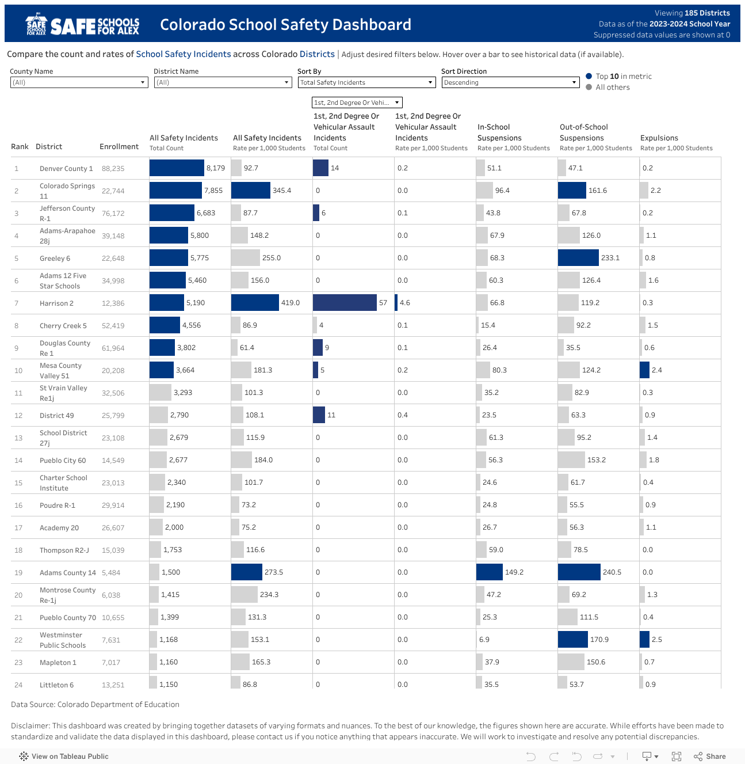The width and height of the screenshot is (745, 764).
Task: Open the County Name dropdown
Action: tap(79, 82)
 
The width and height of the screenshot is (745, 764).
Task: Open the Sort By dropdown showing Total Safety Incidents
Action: tap(366, 82)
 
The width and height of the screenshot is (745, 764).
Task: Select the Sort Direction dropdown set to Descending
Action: tap(510, 82)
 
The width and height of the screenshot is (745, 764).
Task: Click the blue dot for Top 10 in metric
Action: tap(589, 76)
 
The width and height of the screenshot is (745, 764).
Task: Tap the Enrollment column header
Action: tap(119, 147)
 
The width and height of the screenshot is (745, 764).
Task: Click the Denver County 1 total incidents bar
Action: tap(177, 168)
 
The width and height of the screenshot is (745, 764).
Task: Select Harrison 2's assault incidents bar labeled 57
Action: tap(345, 303)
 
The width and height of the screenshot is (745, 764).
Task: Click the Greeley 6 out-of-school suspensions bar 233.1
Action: tap(578, 258)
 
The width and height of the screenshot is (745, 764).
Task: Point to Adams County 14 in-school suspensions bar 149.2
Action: tap(489, 572)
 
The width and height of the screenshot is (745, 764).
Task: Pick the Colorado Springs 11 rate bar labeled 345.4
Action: tap(250, 191)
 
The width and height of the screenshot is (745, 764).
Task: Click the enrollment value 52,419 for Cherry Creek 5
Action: tap(113, 326)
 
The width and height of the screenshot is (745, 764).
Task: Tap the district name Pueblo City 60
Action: tap(63, 461)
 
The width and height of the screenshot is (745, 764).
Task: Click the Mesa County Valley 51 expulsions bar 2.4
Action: tap(644, 370)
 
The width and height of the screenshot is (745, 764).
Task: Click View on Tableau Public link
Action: tap(70, 757)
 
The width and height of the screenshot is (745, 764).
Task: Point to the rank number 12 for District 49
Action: tap(18, 416)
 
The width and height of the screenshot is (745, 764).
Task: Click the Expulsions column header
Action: tap(659, 138)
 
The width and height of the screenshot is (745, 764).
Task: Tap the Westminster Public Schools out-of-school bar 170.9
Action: tap(572, 640)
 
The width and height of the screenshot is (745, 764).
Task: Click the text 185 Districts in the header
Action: tap(707, 13)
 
